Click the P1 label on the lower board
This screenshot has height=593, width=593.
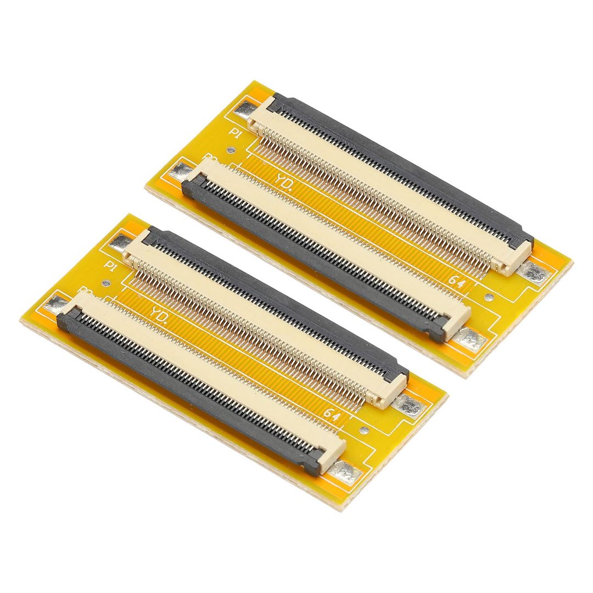click(110, 266)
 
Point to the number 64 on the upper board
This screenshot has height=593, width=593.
click(455, 279)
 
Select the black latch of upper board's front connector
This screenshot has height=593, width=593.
click(313, 258)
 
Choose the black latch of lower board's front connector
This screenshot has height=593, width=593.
click(187, 390)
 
